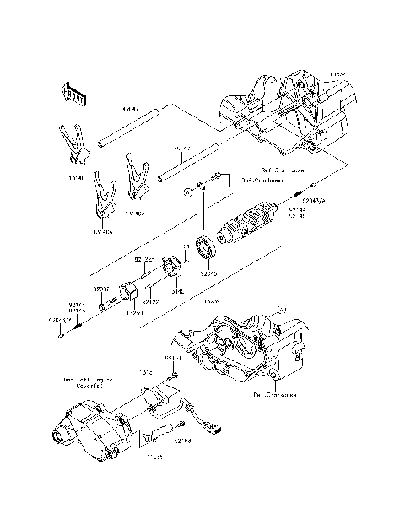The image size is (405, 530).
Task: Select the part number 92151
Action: coord(172,358)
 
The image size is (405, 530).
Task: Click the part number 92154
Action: coord(181,440)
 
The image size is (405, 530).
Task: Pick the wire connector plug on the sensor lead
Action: coord(218,425)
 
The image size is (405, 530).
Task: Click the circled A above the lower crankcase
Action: coord(283,310)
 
